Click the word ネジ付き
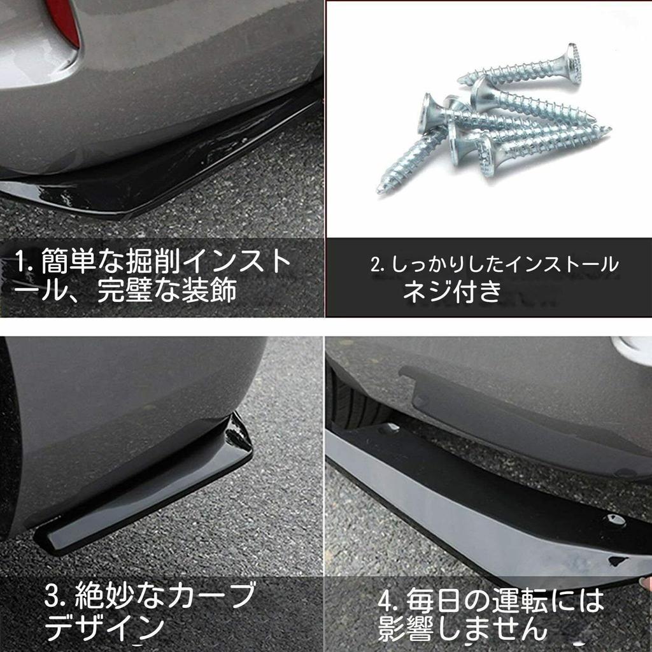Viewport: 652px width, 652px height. click(453, 291)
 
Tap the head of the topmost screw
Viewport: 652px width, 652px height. click(573, 63)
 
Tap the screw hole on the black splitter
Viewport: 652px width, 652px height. click(614, 519)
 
